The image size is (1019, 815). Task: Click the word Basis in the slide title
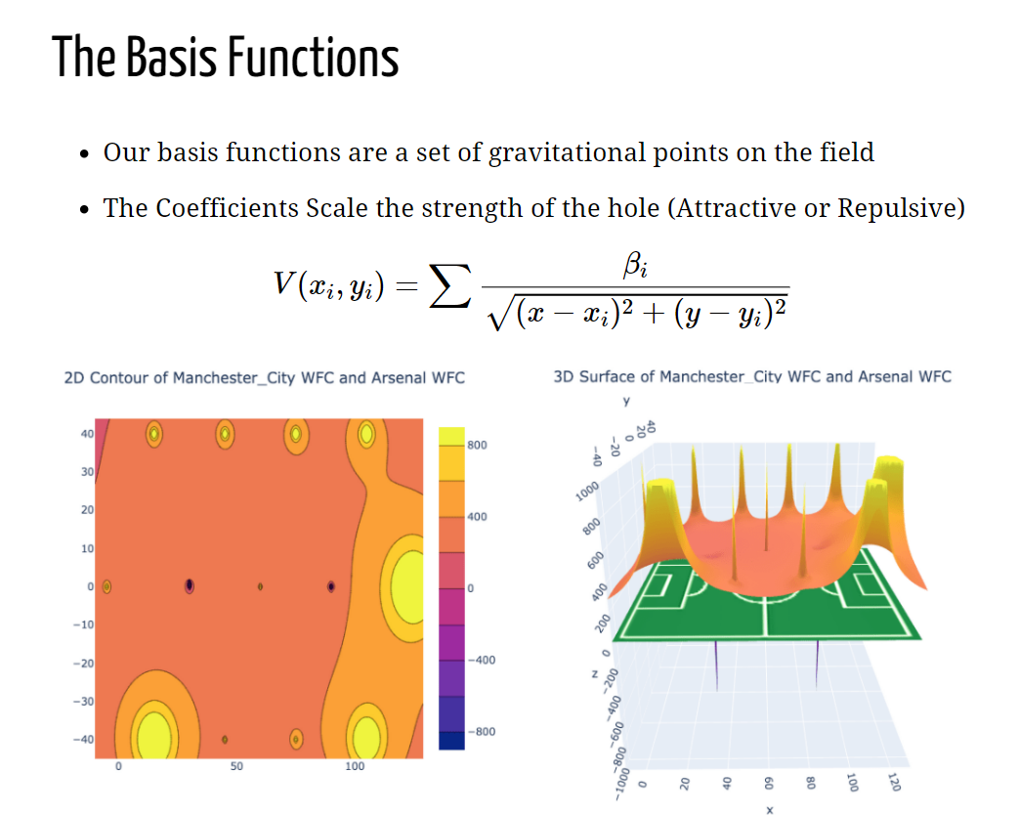172,58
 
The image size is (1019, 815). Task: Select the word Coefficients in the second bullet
227,208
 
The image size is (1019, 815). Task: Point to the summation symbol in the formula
449,285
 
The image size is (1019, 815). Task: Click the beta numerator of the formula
635,265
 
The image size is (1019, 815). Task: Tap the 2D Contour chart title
265,377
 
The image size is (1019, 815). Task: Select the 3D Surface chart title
752,376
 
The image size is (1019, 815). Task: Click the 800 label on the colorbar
477,446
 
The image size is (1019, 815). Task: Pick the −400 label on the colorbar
481,661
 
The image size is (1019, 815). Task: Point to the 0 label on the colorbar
471,588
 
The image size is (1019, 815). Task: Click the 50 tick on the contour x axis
236,766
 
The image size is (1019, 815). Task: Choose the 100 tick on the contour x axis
355,766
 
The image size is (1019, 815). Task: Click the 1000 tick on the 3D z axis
587,492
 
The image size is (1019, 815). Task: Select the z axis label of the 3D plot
594,674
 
